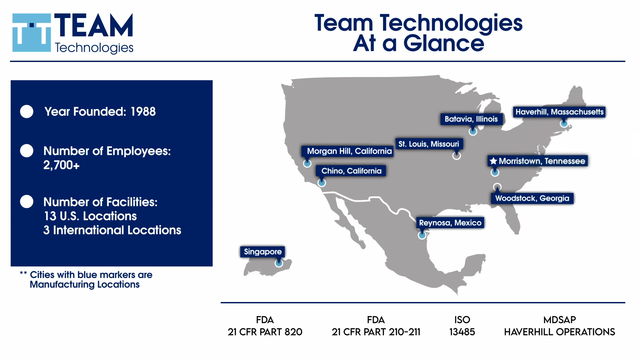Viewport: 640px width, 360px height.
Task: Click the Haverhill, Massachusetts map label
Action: (559, 112)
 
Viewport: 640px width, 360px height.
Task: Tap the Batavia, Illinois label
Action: (471, 119)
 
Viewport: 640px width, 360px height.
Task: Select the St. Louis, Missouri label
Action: (429, 144)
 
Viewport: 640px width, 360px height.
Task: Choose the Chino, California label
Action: (351, 171)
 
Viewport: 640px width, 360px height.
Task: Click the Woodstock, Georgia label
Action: (532, 198)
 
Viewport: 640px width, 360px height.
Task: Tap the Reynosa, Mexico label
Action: (450, 223)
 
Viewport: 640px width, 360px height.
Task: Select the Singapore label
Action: (263, 252)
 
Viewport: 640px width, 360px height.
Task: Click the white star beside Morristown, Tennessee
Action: (493, 161)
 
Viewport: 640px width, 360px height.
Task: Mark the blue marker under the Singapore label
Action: (279, 263)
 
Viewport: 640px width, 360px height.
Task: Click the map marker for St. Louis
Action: (457, 155)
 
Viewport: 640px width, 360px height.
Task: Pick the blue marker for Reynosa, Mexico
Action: (422, 236)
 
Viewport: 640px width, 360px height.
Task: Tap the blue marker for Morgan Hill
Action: (307, 163)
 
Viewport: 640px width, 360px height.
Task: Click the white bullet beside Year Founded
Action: (27, 112)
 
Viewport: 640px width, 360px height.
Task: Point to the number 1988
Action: (143, 112)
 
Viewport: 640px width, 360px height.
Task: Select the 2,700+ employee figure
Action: (62, 165)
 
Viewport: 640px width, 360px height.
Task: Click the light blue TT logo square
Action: (32, 33)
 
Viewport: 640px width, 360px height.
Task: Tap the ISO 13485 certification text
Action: (462, 326)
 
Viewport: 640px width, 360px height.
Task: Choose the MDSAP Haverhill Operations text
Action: (560, 326)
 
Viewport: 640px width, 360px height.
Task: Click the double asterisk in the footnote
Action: (23, 273)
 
